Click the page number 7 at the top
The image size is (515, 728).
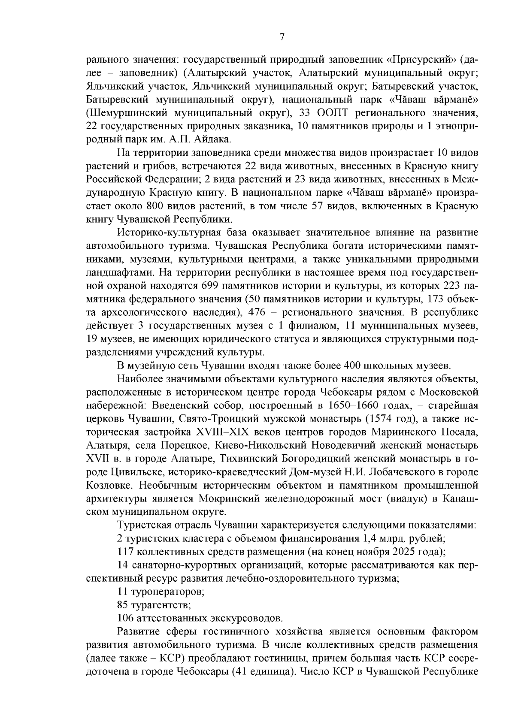[282, 37]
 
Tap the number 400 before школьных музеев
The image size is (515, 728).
[352, 366]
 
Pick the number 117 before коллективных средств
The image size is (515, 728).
[125, 552]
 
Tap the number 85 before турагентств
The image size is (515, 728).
[123, 605]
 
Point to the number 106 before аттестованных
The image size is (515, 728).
[125, 619]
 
